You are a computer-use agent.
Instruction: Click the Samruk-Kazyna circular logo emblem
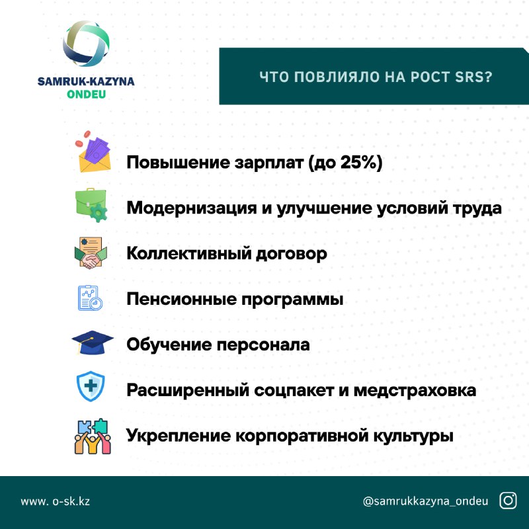(x=86, y=44)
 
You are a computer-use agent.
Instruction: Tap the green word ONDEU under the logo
(x=87, y=95)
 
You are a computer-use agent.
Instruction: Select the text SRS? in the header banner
(x=473, y=77)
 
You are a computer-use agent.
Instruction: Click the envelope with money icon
(x=93, y=152)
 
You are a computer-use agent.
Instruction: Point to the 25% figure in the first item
(x=359, y=162)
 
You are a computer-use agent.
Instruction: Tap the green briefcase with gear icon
(x=91, y=205)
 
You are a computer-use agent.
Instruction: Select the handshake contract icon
(x=91, y=253)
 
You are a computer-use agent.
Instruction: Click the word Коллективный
(x=189, y=253)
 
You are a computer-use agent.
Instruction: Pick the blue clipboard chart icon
(x=90, y=298)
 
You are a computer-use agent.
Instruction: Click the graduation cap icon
(x=93, y=343)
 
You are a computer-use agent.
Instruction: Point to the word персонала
(x=263, y=345)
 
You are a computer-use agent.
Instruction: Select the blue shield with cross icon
(x=91, y=386)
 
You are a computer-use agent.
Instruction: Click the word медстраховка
(x=415, y=391)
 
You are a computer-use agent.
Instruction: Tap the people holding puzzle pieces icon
(x=93, y=436)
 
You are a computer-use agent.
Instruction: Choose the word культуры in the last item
(x=413, y=436)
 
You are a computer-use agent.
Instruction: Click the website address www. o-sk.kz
(x=56, y=501)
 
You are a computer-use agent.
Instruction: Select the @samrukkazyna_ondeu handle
(x=425, y=501)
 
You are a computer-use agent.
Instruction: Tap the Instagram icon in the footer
(x=508, y=501)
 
